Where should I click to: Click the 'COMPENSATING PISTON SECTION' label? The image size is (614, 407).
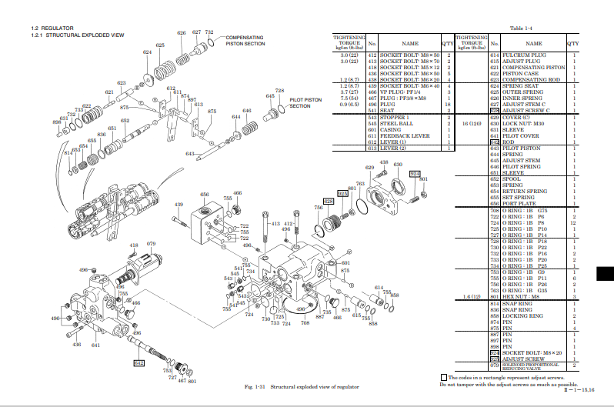[245, 41]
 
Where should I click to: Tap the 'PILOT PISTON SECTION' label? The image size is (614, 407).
[305, 102]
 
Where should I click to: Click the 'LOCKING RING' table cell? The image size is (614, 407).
[522, 316]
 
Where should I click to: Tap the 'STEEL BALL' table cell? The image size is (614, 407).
[397, 124]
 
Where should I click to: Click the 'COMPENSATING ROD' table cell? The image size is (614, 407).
[531, 79]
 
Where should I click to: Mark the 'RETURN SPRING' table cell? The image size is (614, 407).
[525, 191]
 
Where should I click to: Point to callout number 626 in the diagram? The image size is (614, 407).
[182, 33]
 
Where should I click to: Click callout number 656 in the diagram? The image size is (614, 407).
[205, 195]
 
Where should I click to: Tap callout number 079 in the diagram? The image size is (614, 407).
[152, 244]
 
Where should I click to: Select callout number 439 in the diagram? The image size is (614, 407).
[179, 204]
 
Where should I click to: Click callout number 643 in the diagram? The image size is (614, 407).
[189, 154]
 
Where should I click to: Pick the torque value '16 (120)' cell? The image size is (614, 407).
[471, 123]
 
